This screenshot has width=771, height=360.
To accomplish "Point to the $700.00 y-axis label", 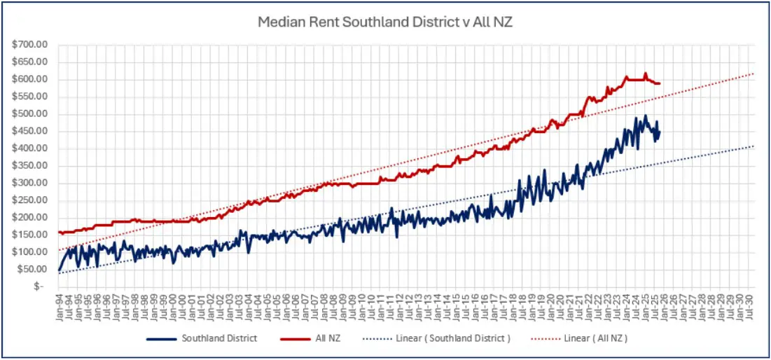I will pos(29,44).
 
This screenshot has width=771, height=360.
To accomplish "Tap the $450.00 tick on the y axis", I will pos(29,131).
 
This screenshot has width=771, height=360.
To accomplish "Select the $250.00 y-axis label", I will pos(29,200).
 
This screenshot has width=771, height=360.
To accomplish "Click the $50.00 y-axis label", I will pos(32,270).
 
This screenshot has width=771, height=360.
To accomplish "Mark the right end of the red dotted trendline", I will pos(754,74).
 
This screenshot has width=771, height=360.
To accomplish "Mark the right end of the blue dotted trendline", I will pos(754,146).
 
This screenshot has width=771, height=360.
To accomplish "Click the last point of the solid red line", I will pos(660,83).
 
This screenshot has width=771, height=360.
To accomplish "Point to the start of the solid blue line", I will pos(59,270).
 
